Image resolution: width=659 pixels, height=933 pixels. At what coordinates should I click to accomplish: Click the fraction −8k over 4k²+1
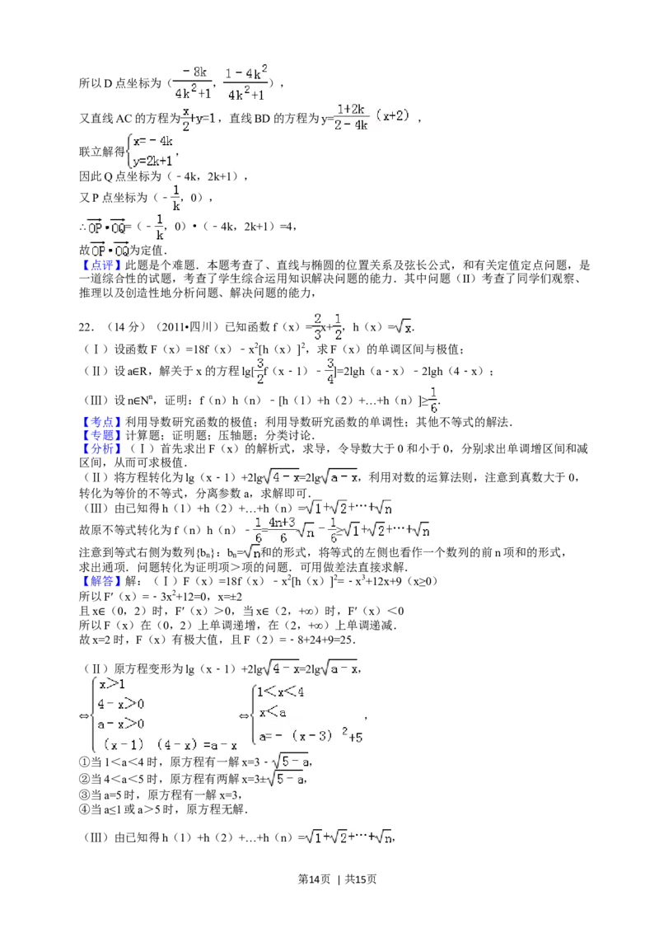[192, 82]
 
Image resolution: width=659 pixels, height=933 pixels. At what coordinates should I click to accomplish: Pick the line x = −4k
[153, 141]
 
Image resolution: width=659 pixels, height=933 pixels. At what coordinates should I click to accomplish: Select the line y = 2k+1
[152, 162]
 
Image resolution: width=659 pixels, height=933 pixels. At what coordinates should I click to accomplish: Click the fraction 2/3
[315, 326]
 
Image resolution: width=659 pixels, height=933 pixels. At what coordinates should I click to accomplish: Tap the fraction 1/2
[337, 326]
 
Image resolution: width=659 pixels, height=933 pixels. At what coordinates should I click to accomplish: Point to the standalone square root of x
[401, 327]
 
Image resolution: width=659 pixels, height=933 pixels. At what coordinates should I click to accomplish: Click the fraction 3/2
[259, 371]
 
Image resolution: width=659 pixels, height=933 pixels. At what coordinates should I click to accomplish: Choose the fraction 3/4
[329, 371]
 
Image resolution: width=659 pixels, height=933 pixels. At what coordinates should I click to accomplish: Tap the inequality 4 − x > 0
[121, 704]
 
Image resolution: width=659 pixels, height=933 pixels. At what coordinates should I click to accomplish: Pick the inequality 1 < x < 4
[280, 692]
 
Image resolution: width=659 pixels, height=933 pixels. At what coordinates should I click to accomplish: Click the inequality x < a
[272, 713]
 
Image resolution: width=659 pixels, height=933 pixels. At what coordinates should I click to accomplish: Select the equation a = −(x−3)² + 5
[310, 736]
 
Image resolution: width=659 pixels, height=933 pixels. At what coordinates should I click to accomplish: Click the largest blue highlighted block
[102, 435]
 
